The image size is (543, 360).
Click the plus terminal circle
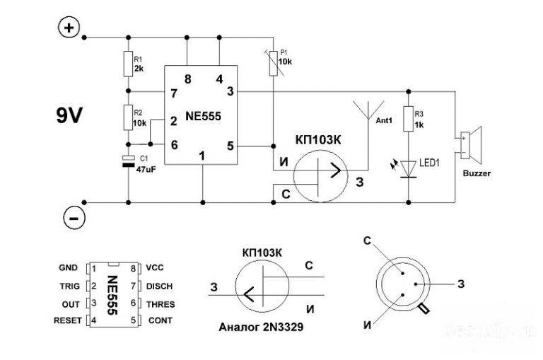tap(68, 28)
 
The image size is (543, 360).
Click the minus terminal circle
tap(71, 217)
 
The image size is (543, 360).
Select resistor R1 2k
tap(129, 64)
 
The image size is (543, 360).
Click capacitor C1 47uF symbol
tap(129, 161)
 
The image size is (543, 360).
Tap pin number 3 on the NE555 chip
tap(230, 91)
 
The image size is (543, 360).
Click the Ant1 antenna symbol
tap(367, 113)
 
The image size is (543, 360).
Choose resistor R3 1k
tap(408, 117)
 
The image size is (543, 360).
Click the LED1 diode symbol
tap(408, 167)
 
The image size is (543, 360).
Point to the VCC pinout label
tap(155, 269)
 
